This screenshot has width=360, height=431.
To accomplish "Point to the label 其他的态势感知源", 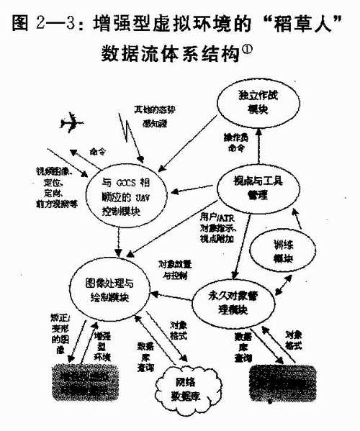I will [x=154, y=115].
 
